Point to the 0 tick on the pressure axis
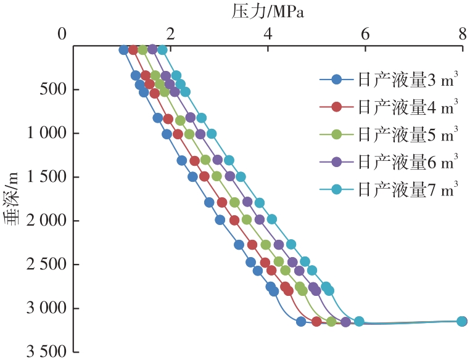[x=62, y=33]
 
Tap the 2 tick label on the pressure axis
[x=171, y=33]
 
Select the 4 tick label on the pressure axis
[x=268, y=33]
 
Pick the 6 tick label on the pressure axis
[x=365, y=33]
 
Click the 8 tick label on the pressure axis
[x=462, y=33]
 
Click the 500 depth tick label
[x=48, y=90]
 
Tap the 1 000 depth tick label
[x=42, y=134]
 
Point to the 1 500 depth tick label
[x=42, y=178]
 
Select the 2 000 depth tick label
[x=42, y=221]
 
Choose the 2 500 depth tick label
[x=42, y=265]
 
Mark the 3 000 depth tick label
[x=42, y=308]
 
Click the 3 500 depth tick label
[x=42, y=352]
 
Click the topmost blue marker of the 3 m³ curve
[x=123, y=50]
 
